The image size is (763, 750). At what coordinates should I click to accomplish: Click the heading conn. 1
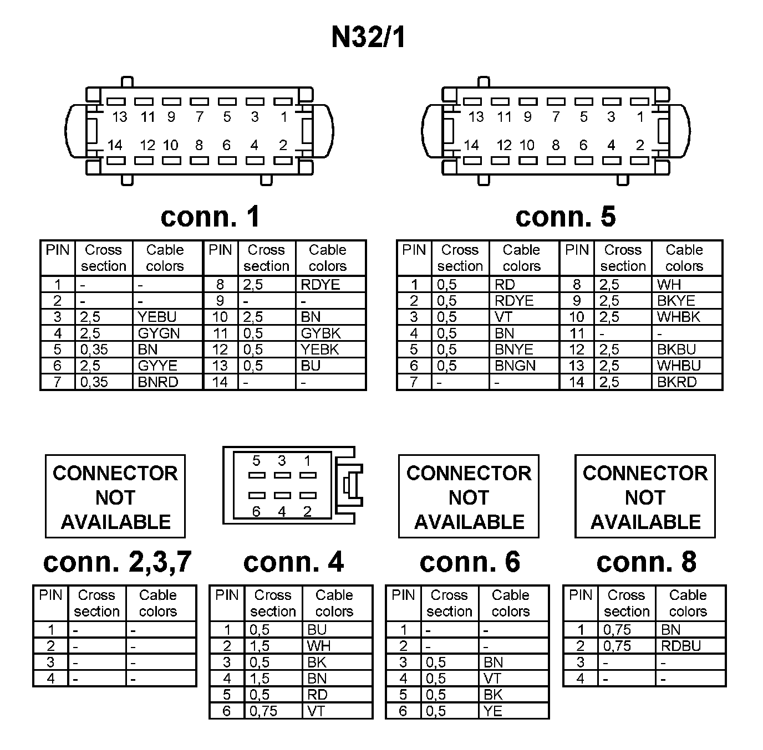pos(210,217)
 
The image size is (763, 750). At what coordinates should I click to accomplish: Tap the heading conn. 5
pos(565,217)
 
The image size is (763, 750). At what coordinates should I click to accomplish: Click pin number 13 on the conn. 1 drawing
pos(119,117)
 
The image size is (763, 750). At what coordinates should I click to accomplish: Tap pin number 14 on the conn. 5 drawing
pos(471,146)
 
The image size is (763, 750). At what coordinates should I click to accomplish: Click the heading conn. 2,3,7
pos(117,562)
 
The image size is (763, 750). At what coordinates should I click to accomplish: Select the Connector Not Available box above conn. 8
pos(645,497)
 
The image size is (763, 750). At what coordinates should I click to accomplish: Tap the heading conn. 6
pos(470,562)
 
